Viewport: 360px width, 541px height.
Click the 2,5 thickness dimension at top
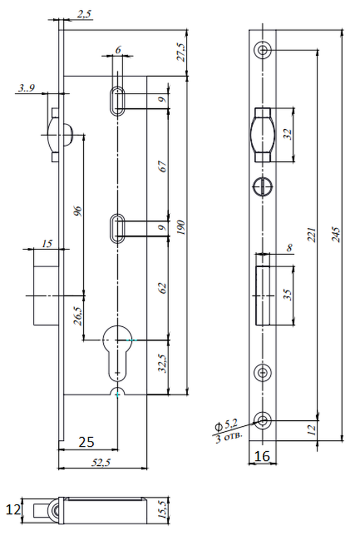pos(84,14)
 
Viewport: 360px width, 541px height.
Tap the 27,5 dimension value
pos(181,52)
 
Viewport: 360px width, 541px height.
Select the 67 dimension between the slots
pos(163,166)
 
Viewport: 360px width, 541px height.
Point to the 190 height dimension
pos(181,227)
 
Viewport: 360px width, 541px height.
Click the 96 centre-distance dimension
pos(78,211)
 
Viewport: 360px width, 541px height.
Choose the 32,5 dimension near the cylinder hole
pos(163,364)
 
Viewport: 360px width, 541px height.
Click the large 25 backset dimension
pos(86,441)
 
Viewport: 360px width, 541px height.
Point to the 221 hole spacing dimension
pos(311,235)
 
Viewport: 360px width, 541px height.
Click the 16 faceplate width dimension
pos(262,456)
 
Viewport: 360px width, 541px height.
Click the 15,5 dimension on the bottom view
pos(162,510)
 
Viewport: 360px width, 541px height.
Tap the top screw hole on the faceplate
pos(263,50)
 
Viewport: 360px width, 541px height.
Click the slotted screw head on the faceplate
pos(263,187)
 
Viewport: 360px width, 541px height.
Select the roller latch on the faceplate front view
pos(262,135)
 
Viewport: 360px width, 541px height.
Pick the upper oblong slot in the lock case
pos(118,101)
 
